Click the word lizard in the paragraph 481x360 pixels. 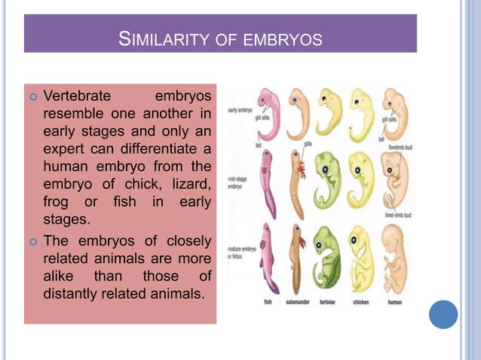coord(190,181)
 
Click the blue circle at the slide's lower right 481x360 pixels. coord(443,314)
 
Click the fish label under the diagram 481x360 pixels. coord(268,303)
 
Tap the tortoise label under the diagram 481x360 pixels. coord(328,303)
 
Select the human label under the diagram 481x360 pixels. coord(394,303)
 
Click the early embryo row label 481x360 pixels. coord(240,110)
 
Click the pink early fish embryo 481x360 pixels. coord(268,113)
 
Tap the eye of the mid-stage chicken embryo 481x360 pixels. coord(354,166)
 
